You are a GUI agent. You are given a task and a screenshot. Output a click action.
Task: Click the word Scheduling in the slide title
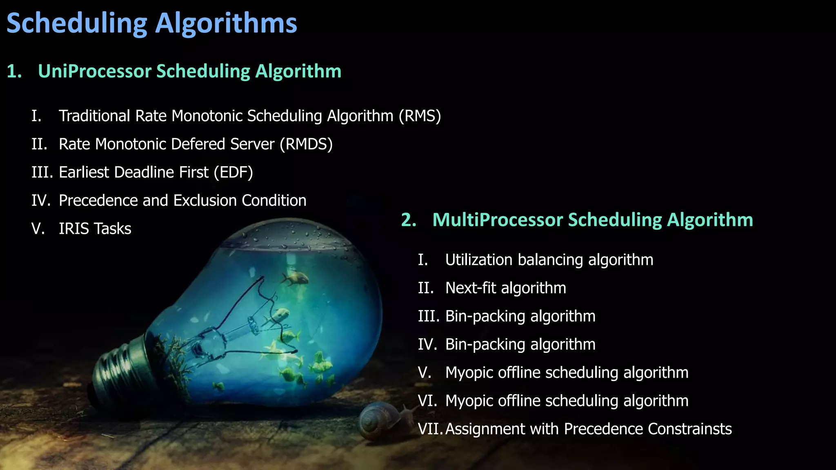tap(77, 24)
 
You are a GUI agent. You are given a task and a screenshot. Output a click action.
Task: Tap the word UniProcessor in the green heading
tap(95, 71)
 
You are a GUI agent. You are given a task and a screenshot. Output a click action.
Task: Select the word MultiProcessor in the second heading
tap(498, 220)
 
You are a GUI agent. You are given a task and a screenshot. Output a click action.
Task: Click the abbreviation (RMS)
tap(420, 116)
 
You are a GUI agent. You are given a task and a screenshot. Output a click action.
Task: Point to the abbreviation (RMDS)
tap(306, 144)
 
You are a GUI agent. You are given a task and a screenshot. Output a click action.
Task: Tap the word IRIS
tap(73, 229)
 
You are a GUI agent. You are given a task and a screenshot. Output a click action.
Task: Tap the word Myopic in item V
tap(469, 373)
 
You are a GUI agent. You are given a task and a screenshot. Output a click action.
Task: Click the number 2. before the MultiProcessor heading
tap(409, 220)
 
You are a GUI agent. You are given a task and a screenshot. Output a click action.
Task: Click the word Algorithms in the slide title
tap(226, 24)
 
